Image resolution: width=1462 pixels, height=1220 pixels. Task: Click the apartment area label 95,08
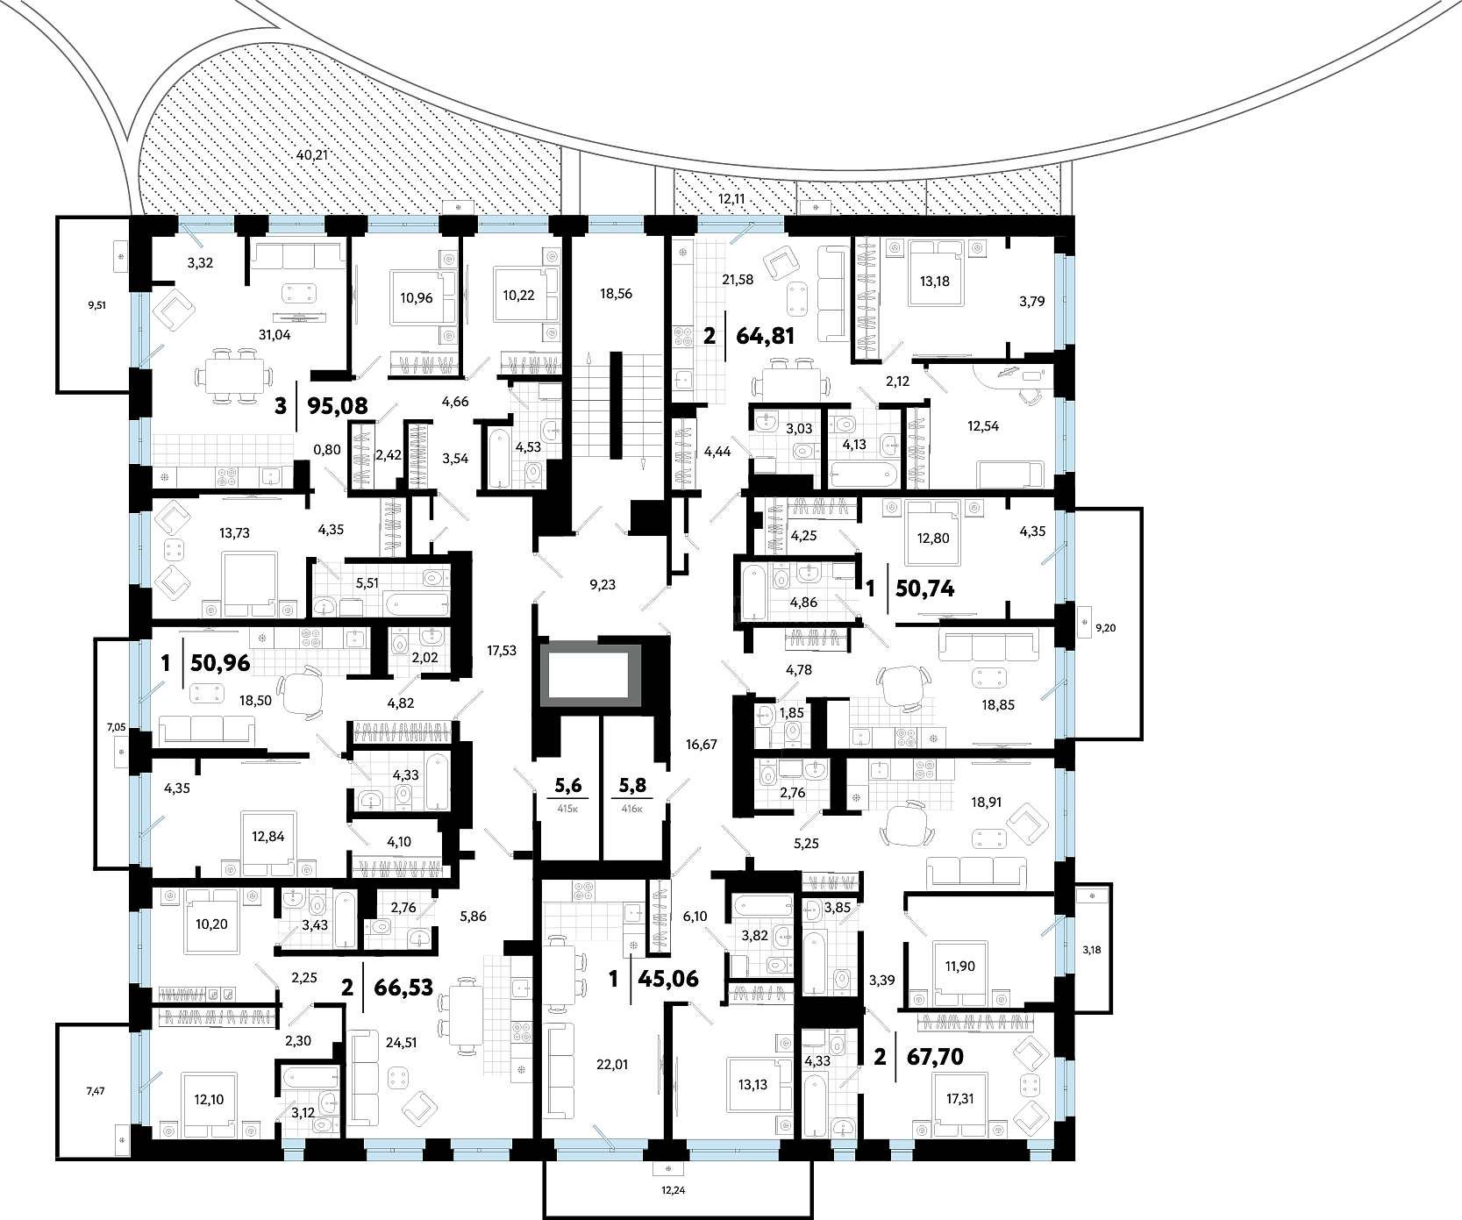pos(337,406)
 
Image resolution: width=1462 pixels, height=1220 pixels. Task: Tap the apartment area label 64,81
pos(765,335)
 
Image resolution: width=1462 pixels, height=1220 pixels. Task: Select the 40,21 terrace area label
pos(312,155)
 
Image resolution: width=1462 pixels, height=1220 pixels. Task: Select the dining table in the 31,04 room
pos(232,376)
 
